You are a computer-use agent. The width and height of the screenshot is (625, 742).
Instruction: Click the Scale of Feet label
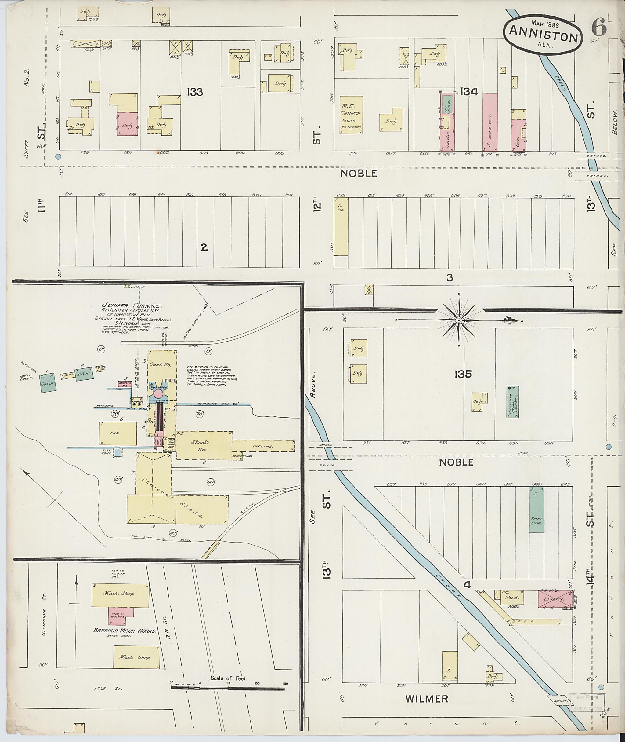point(229,678)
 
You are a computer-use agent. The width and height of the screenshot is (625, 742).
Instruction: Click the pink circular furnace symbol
point(159,394)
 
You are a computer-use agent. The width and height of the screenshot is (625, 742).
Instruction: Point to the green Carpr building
point(48,383)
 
